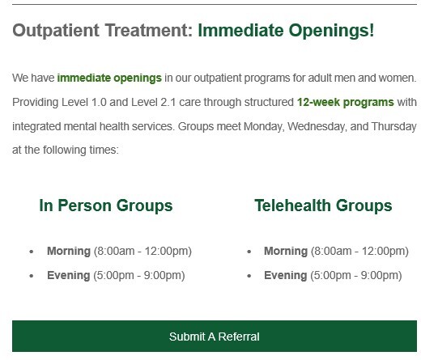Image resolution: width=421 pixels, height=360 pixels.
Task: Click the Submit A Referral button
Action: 215,336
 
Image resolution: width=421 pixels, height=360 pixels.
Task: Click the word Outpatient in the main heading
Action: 56,31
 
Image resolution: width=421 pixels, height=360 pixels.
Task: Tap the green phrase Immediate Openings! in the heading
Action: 286,31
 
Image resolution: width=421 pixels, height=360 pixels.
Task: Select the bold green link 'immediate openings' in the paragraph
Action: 109,78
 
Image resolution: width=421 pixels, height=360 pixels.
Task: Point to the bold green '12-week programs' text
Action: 346,103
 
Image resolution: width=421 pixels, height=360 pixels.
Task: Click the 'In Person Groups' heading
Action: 106,205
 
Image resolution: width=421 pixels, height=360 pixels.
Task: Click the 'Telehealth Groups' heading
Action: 323,205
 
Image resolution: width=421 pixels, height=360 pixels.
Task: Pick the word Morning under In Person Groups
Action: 69,252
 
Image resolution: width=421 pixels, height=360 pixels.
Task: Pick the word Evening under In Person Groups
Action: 69,276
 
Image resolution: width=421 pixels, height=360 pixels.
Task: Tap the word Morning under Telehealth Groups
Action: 286,252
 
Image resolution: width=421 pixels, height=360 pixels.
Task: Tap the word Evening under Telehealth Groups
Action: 286,276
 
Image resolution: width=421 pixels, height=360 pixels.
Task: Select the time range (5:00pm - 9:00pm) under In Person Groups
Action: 139,276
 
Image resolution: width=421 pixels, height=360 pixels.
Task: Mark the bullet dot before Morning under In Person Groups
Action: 32,252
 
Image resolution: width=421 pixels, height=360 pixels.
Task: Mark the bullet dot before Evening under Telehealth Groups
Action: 249,276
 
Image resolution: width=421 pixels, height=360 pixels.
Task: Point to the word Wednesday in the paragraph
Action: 317,127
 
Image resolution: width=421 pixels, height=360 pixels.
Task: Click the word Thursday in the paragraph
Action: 394,127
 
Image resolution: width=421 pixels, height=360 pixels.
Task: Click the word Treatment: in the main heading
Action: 149,31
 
